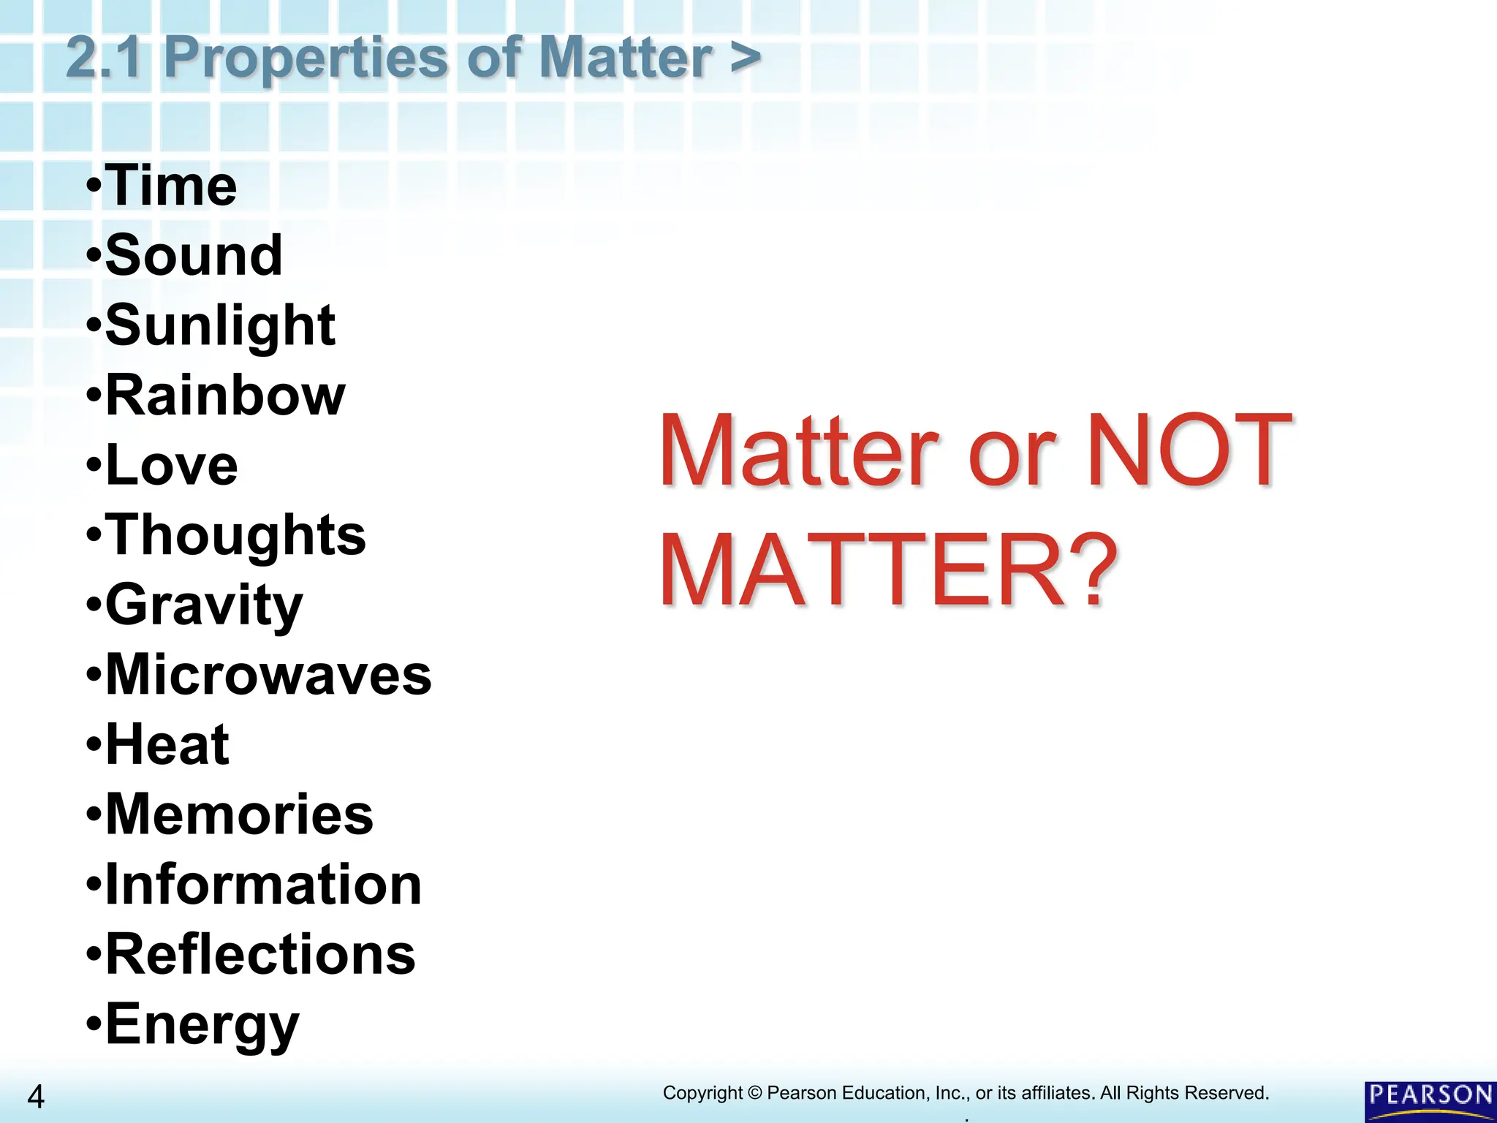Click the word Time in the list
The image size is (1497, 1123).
171,186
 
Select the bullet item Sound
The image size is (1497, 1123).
194,256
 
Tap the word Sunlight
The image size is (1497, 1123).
220,325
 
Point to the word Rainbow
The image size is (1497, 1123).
225,396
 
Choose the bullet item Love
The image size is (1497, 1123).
172,465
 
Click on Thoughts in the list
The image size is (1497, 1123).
235,535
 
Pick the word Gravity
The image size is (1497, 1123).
204,605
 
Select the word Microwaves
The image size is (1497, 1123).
268,675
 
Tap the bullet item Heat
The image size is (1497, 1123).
167,745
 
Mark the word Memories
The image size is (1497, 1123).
239,814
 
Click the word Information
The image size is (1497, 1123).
263,885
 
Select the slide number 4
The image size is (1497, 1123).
35,1097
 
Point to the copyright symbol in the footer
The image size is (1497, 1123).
755,1093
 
